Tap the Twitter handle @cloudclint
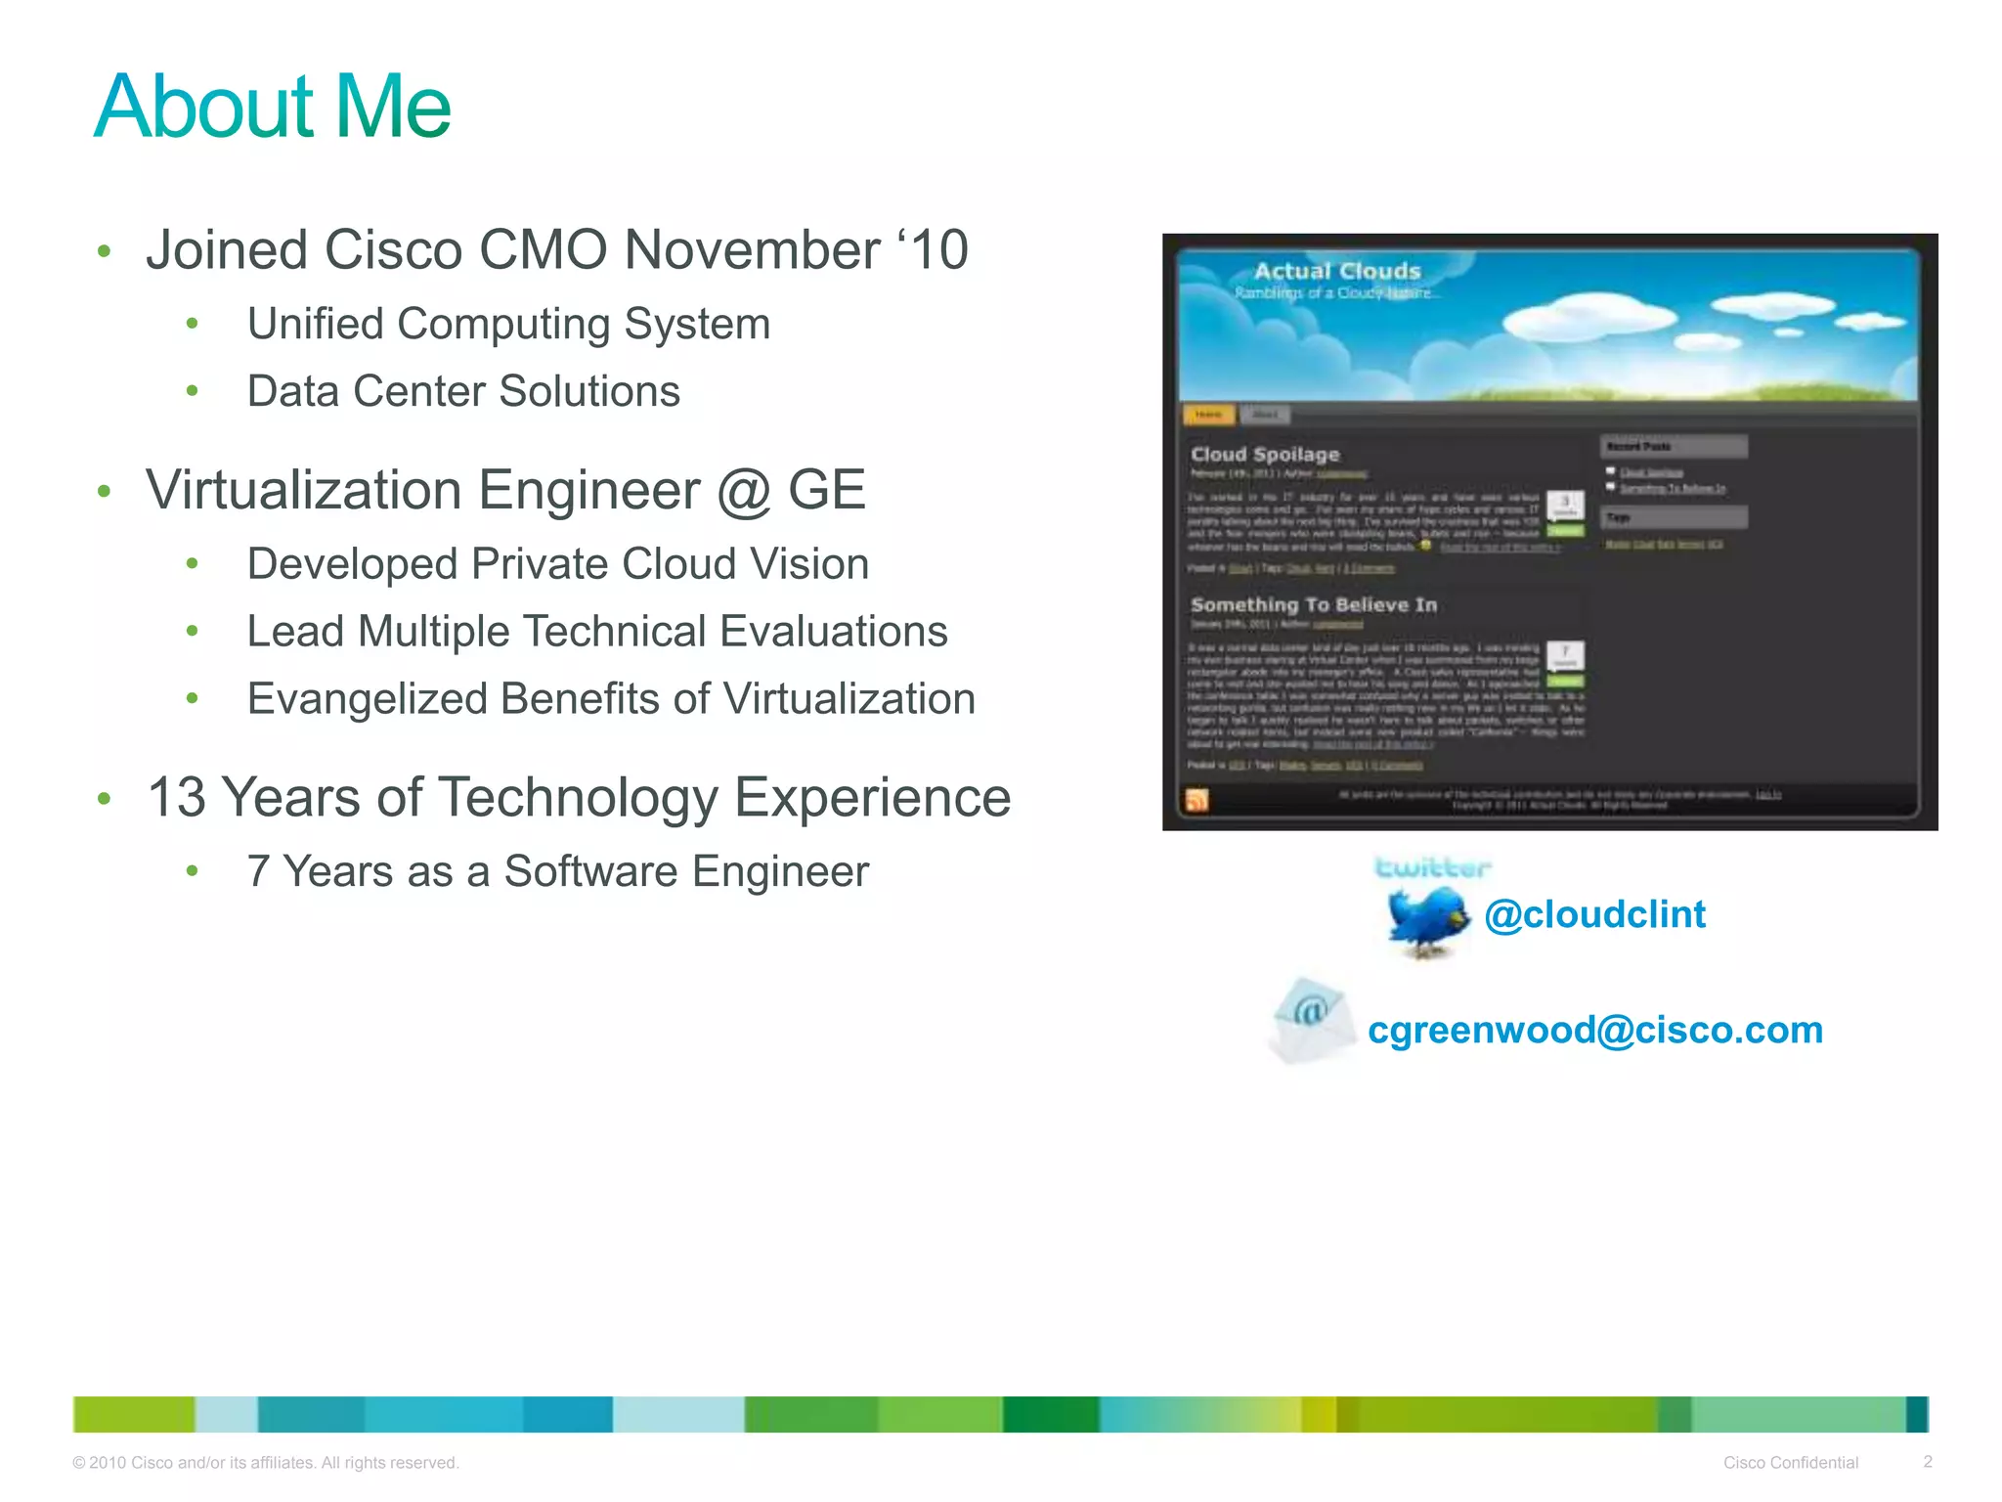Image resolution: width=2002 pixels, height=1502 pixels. coord(1594,914)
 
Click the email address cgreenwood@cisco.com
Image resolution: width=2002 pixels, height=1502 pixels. coord(1594,1030)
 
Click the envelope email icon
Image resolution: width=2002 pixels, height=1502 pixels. coord(1311,1020)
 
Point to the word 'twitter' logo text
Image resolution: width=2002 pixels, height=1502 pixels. coord(1432,867)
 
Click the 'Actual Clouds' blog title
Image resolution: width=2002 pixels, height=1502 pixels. coord(1336,271)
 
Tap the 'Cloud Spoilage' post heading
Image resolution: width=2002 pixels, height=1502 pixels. coord(1265,454)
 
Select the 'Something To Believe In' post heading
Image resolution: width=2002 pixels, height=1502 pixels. coord(1314,604)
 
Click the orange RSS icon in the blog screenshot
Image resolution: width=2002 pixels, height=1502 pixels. coord(1197,800)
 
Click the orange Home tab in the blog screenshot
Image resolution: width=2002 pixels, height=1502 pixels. coord(1208,415)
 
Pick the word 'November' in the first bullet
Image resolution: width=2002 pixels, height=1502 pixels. coord(752,249)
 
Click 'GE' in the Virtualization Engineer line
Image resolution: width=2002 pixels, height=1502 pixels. coord(826,489)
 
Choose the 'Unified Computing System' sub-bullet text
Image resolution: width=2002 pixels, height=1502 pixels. coord(508,324)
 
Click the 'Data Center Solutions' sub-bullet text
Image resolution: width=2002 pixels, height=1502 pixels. coord(463,391)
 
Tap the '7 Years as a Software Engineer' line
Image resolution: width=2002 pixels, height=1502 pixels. coord(557,871)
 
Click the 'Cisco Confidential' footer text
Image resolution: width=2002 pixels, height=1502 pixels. coord(1790,1463)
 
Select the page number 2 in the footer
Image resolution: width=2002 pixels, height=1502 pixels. coord(1928,1462)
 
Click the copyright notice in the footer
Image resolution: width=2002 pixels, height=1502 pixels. coord(265,1463)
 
